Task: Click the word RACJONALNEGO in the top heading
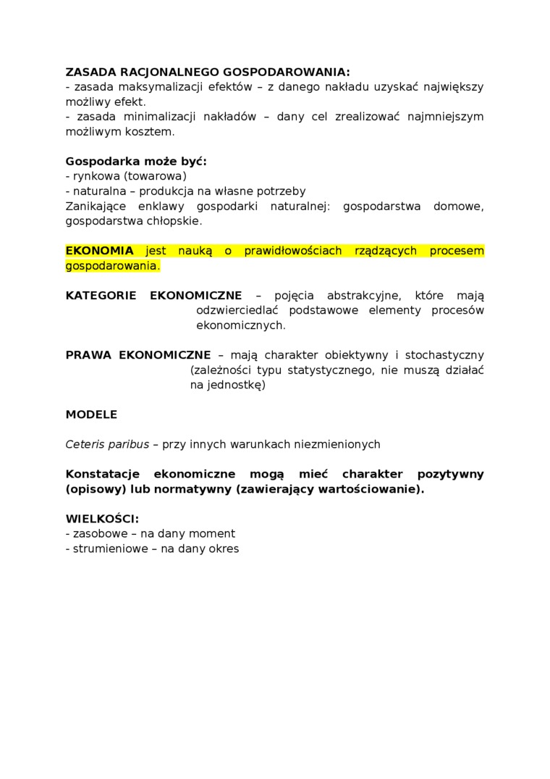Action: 167,72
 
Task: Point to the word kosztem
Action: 150,132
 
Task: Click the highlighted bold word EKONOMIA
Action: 100,251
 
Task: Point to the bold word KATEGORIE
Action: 100,295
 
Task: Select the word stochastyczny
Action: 444,354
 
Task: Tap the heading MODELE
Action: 91,415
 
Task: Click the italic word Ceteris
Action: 85,444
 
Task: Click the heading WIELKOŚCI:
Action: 102,519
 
